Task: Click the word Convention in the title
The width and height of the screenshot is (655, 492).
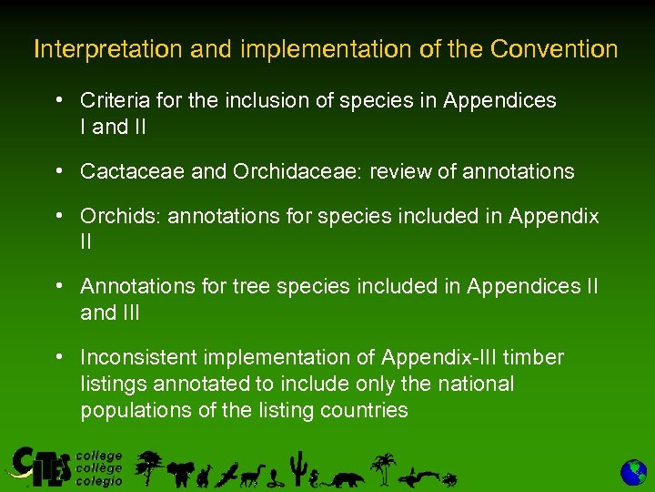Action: click(553, 49)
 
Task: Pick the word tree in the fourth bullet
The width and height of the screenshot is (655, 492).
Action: click(252, 286)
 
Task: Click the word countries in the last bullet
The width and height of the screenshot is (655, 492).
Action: click(364, 410)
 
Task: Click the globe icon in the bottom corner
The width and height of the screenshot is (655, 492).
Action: click(633, 472)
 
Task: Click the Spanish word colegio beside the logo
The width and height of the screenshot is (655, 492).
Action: click(98, 481)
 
